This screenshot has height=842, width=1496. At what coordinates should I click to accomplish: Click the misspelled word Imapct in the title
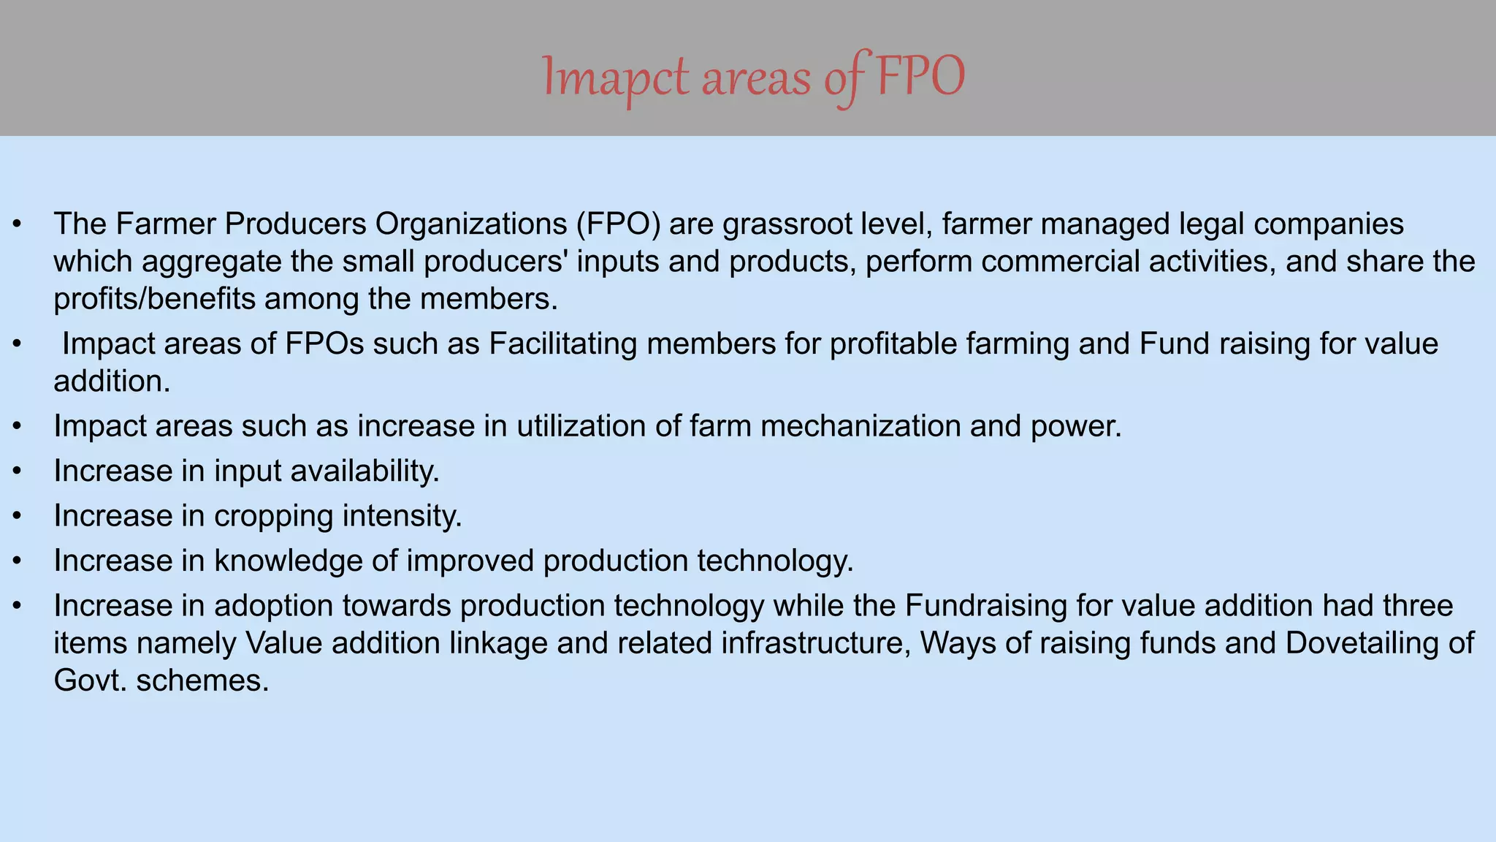(615, 77)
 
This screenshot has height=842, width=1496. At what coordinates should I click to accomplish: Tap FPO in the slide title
(920, 77)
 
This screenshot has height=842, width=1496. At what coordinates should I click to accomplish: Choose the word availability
(365, 471)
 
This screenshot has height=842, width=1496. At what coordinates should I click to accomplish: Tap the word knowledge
(306, 561)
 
